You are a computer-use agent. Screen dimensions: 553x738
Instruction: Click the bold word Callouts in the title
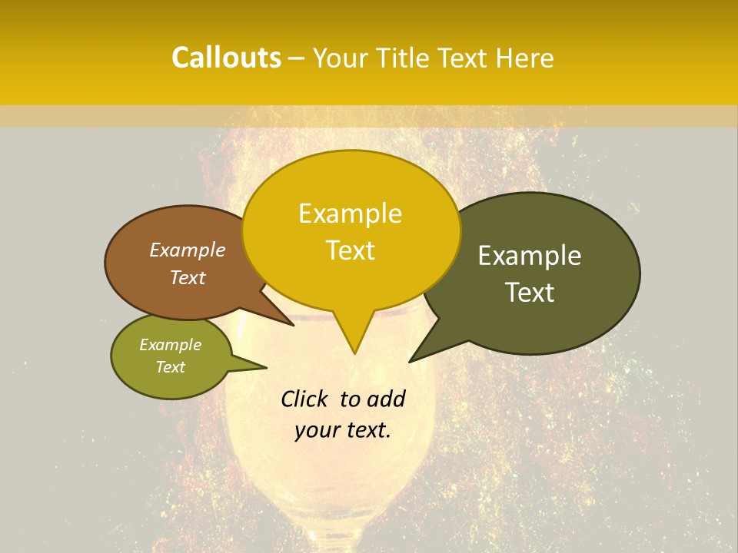pyautogui.click(x=226, y=58)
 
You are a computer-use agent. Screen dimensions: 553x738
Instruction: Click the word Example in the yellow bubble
pyautogui.click(x=350, y=214)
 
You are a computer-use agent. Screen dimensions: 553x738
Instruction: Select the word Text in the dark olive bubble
pyautogui.click(x=530, y=293)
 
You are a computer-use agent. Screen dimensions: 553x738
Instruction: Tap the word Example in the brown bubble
pyautogui.click(x=187, y=250)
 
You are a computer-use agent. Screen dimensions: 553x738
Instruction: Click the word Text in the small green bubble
pyautogui.click(x=170, y=367)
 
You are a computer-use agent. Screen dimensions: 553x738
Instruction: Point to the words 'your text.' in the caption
pyautogui.click(x=343, y=429)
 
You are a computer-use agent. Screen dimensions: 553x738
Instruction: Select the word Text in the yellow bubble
pyautogui.click(x=351, y=250)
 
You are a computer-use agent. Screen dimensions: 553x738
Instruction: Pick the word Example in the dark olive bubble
pyautogui.click(x=530, y=256)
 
